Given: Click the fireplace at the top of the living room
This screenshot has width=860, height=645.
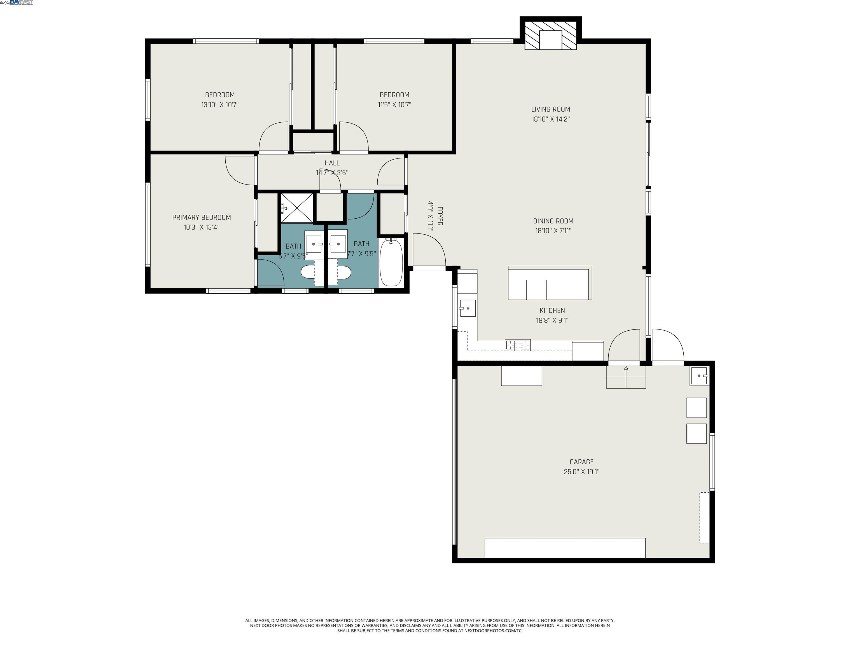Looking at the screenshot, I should [x=551, y=35].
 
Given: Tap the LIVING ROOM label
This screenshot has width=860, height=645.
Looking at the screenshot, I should [x=551, y=109].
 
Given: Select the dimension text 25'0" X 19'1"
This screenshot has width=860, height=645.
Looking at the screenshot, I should [x=581, y=472].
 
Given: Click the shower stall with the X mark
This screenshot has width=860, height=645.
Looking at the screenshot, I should [x=297, y=208].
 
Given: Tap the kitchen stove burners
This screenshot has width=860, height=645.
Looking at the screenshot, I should [x=517, y=344].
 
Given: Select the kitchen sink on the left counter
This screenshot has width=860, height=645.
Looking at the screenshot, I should [x=467, y=308].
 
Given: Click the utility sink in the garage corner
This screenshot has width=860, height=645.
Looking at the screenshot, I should [x=699, y=376].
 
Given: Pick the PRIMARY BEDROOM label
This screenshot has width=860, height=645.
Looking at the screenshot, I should [x=201, y=217].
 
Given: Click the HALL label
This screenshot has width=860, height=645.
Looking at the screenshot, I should [x=332, y=163].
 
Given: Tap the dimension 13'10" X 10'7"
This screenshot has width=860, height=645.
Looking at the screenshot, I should [x=220, y=105].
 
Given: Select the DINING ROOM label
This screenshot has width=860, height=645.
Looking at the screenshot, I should [x=553, y=221].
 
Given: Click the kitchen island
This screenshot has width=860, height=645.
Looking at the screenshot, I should [x=550, y=283].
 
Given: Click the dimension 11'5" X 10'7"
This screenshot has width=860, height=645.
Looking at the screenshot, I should [x=394, y=105].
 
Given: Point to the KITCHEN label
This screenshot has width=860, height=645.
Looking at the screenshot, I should [x=552, y=310].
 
